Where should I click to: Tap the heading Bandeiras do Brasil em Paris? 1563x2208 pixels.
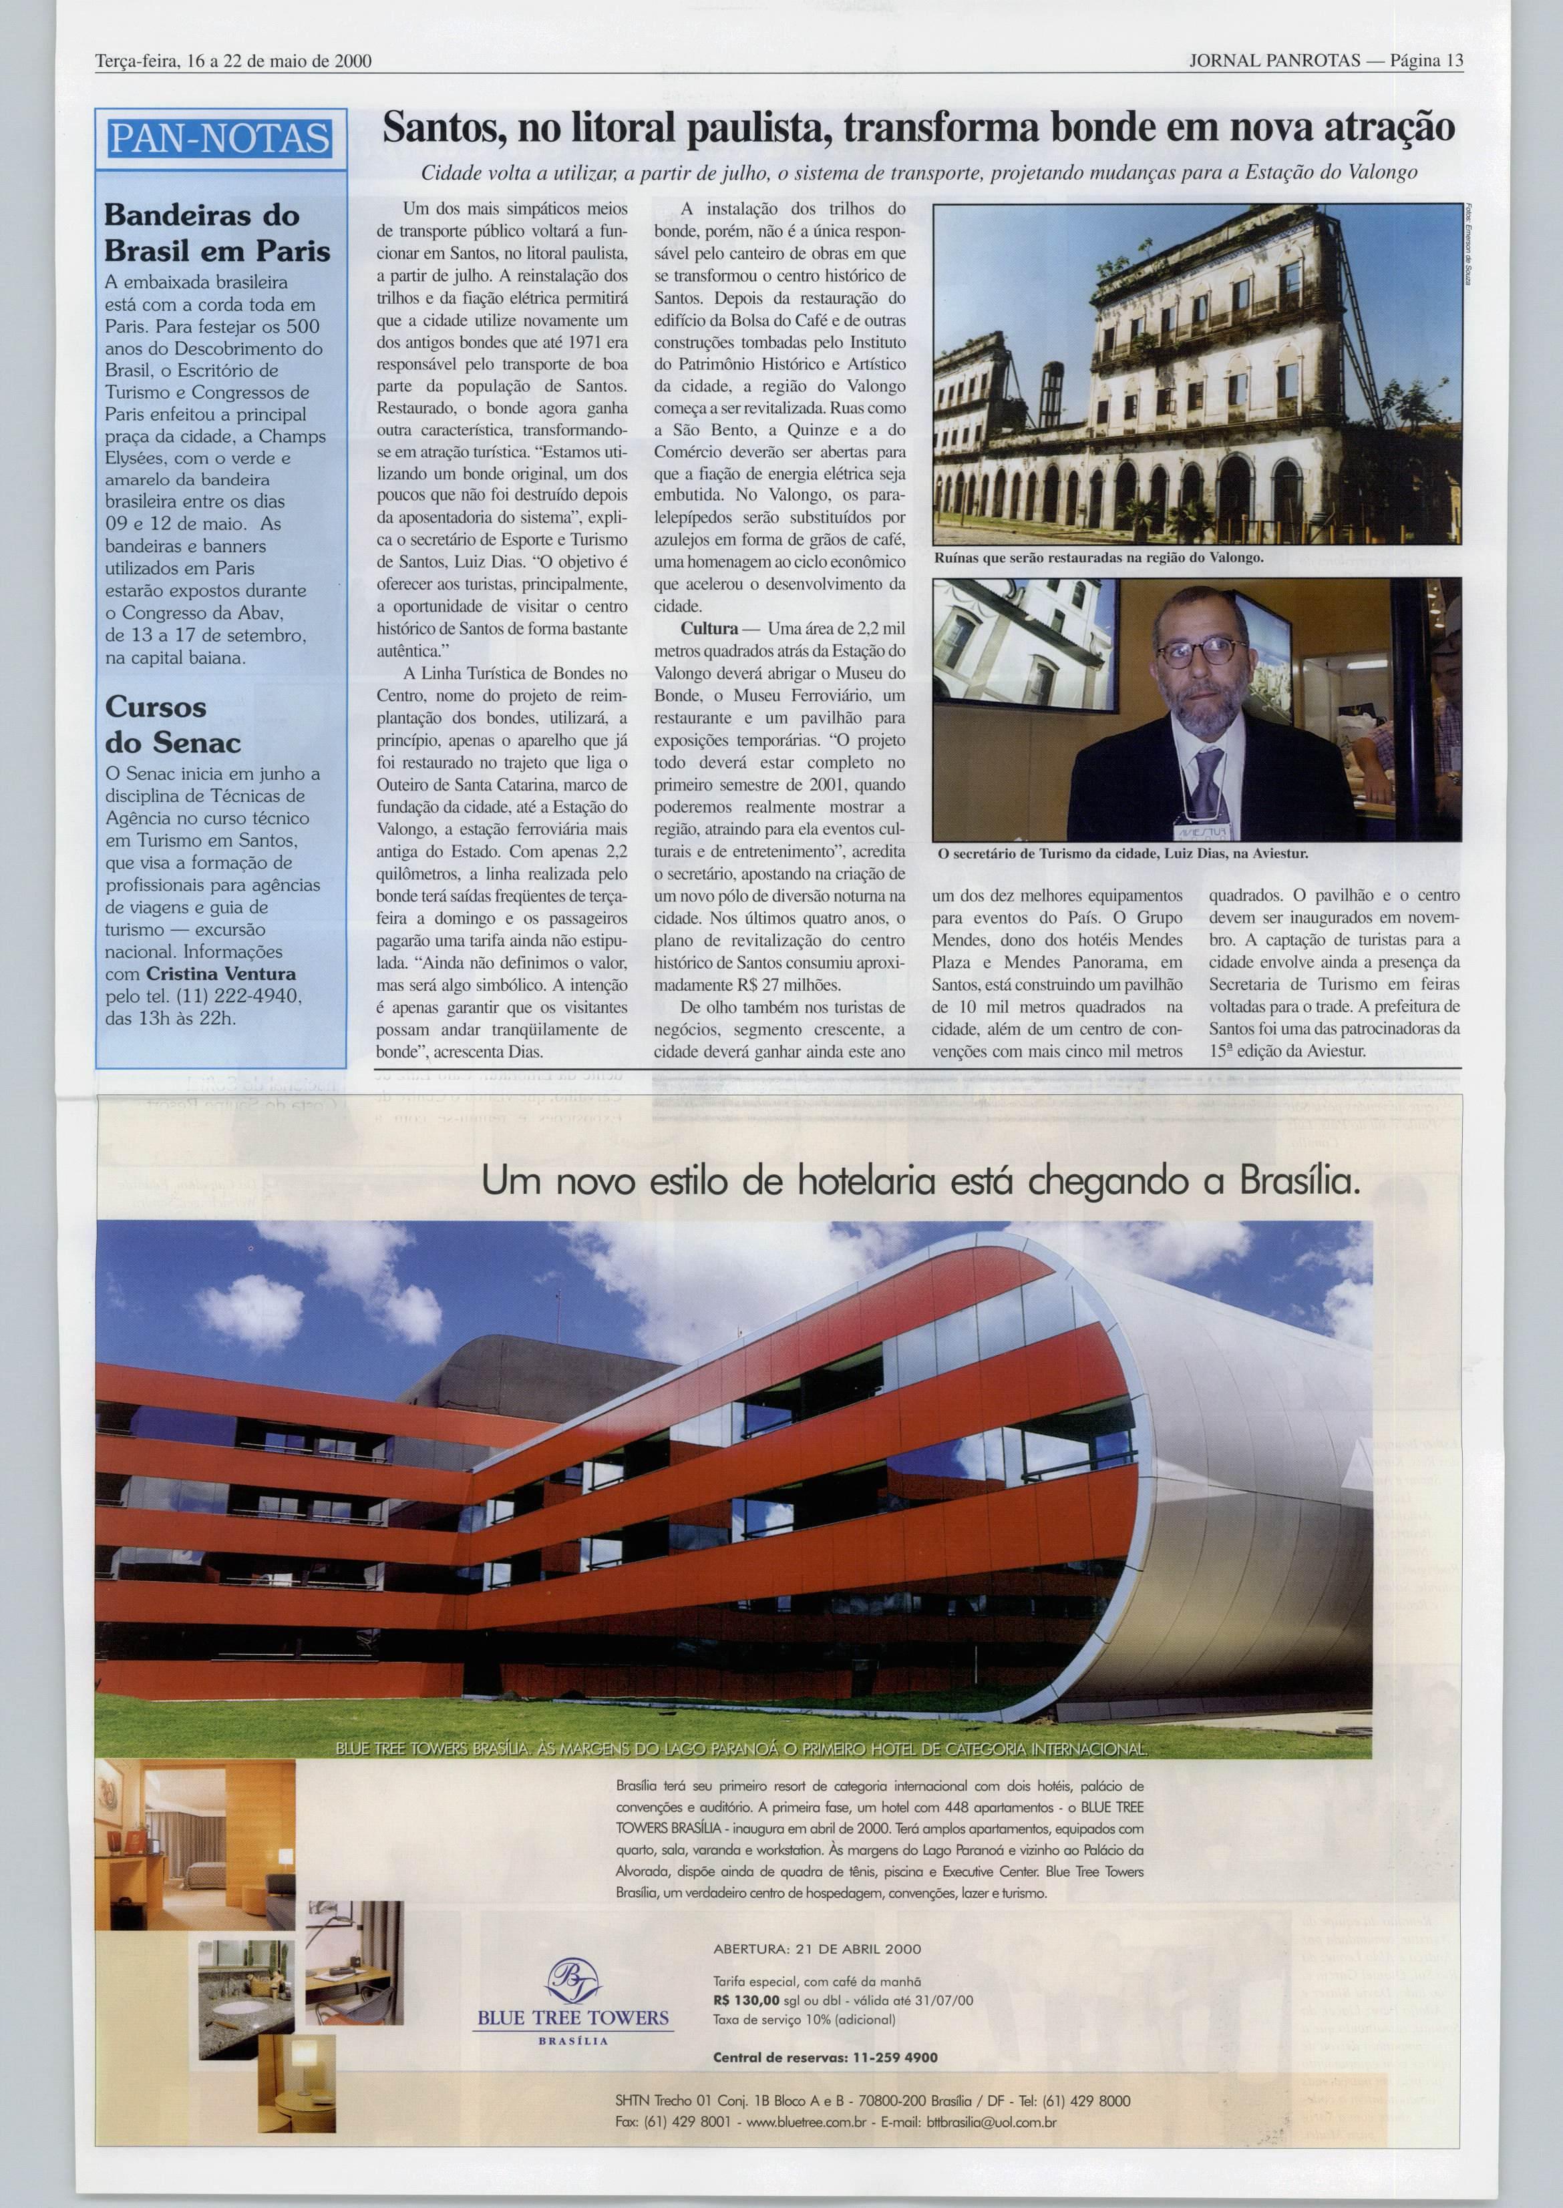point(216,233)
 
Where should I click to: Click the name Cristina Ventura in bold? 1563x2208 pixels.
point(221,973)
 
